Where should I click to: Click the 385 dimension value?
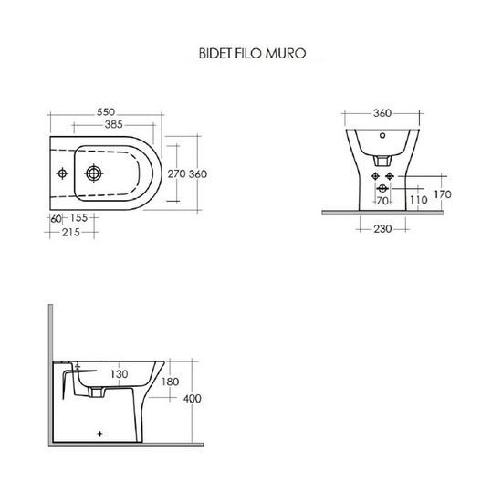coord(114,124)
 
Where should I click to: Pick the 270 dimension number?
coord(177,173)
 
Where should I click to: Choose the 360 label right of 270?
coord(200,173)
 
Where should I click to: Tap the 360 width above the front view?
coord(382,113)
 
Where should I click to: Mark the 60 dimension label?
coord(57,219)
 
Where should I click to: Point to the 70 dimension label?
coord(383,199)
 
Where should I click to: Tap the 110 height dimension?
coord(418,199)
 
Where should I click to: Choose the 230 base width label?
coord(382,229)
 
